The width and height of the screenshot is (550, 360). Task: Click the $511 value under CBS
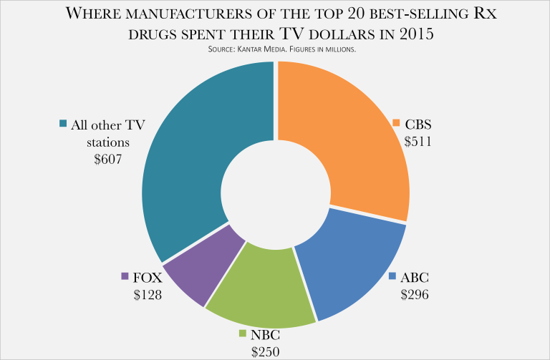coord(416,140)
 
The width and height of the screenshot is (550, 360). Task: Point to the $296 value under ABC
coord(413,294)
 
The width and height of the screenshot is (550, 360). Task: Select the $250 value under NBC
coord(265,351)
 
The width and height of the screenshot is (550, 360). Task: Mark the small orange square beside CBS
coord(395,124)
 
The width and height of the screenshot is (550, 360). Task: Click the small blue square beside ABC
coord(392,277)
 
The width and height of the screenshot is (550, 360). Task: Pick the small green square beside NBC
coord(243,334)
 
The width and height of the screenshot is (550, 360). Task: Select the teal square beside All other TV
coord(63,124)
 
